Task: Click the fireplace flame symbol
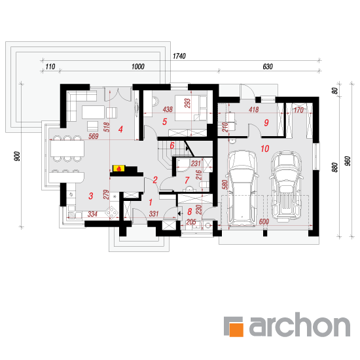click(x=118, y=169)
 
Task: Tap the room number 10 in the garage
click(x=264, y=149)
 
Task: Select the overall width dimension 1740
click(x=179, y=56)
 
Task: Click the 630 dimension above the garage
click(x=268, y=67)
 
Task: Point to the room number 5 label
click(x=164, y=122)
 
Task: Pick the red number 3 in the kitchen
click(x=91, y=196)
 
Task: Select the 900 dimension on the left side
click(x=17, y=156)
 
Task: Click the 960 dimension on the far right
click(x=348, y=161)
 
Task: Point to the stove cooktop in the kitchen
click(x=111, y=212)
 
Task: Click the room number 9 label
click(x=266, y=122)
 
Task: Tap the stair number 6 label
click(x=172, y=145)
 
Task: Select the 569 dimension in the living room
click(x=94, y=136)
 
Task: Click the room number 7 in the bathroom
click(x=187, y=181)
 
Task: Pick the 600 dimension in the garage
click(x=264, y=221)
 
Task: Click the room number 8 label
click(x=189, y=211)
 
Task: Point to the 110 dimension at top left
click(x=50, y=67)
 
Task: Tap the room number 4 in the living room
click(x=120, y=130)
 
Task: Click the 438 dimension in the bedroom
click(x=168, y=109)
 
